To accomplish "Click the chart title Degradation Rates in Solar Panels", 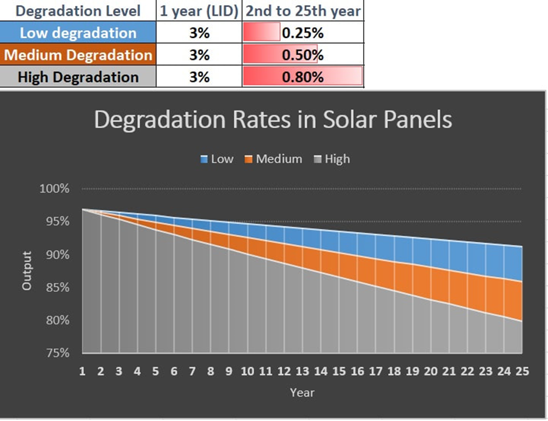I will coord(273,120).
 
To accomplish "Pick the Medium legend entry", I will coord(273,159).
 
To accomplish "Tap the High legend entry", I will coord(332,159).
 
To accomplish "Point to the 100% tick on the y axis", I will coord(54,189).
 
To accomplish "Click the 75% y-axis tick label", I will coord(54,353).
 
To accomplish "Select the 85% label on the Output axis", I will coord(54,288).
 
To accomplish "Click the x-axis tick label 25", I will coord(522,372).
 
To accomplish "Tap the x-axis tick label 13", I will coord(302,372).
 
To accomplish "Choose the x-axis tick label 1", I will coord(82,372).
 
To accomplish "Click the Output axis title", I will coord(27,271).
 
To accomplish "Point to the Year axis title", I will coord(302,392).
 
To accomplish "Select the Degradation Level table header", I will coord(78,11).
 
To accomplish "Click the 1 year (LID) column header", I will coord(199,11).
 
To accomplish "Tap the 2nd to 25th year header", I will coord(303,11).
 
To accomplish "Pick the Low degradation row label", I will coord(78,33).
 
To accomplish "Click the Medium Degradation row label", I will coord(78,55).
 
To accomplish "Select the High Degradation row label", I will coord(78,77).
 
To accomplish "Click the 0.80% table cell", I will coord(303,77).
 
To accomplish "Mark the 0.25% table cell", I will coord(303,33).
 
